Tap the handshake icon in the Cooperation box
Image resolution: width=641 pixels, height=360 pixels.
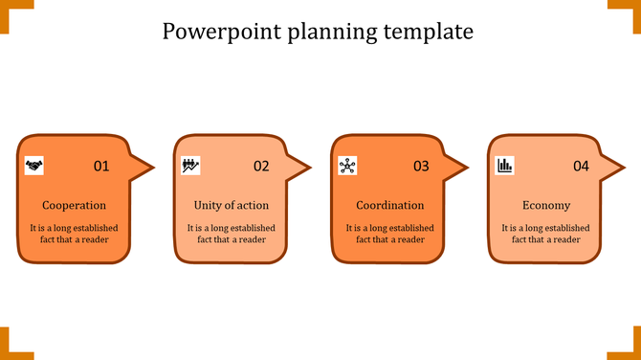pyautogui.click(x=34, y=166)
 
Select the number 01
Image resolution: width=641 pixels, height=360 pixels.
pyautogui.click(x=101, y=167)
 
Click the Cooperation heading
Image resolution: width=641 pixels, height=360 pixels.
pyautogui.click(x=75, y=205)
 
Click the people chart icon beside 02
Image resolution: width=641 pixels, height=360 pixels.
pyautogui.click(x=190, y=166)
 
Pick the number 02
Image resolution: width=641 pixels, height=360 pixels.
pyautogui.click(x=261, y=167)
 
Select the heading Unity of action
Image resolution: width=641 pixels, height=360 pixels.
pyautogui.click(x=232, y=205)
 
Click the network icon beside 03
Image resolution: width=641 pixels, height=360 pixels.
pyautogui.click(x=347, y=166)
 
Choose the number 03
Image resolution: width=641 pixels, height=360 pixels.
pyautogui.click(x=421, y=167)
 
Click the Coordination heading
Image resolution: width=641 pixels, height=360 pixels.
pyautogui.click(x=390, y=205)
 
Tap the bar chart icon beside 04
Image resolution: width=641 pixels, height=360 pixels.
pyautogui.click(x=504, y=166)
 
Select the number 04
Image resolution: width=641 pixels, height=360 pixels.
pyautogui.click(x=581, y=167)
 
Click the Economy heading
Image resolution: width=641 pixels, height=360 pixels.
pyautogui.click(x=546, y=205)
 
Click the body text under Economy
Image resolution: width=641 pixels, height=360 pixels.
pyautogui.click(x=546, y=234)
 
